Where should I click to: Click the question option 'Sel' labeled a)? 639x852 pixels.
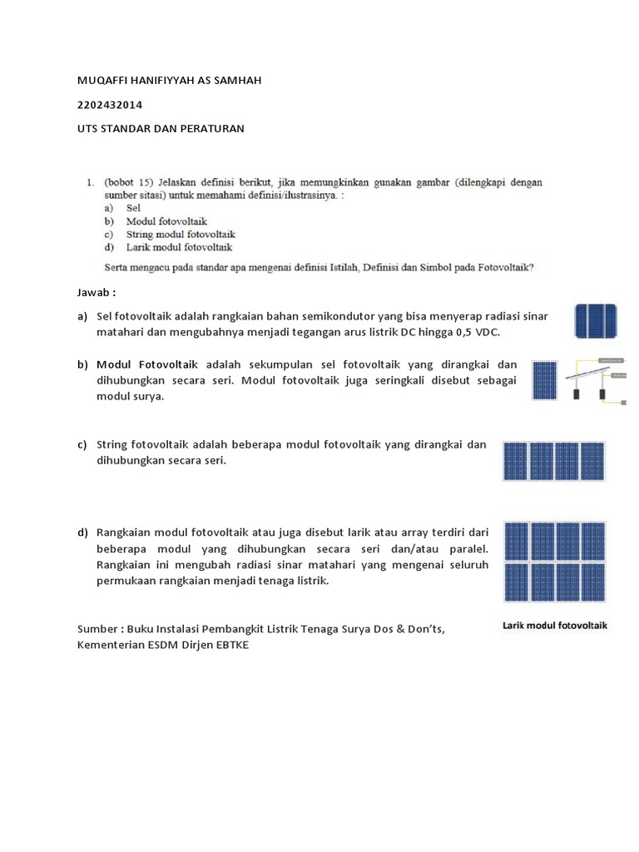[x=133, y=208]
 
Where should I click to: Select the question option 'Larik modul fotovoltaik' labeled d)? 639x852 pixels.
[x=179, y=247]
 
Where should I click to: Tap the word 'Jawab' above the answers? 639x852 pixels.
[x=93, y=293]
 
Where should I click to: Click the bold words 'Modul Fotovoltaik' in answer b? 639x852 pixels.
[x=147, y=364]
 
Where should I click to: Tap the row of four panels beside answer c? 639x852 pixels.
[x=553, y=462]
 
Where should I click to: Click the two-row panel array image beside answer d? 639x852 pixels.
[x=554, y=562]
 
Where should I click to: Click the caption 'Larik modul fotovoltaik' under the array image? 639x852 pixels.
[x=555, y=625]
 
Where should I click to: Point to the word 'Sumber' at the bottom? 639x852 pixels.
[x=98, y=630]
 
